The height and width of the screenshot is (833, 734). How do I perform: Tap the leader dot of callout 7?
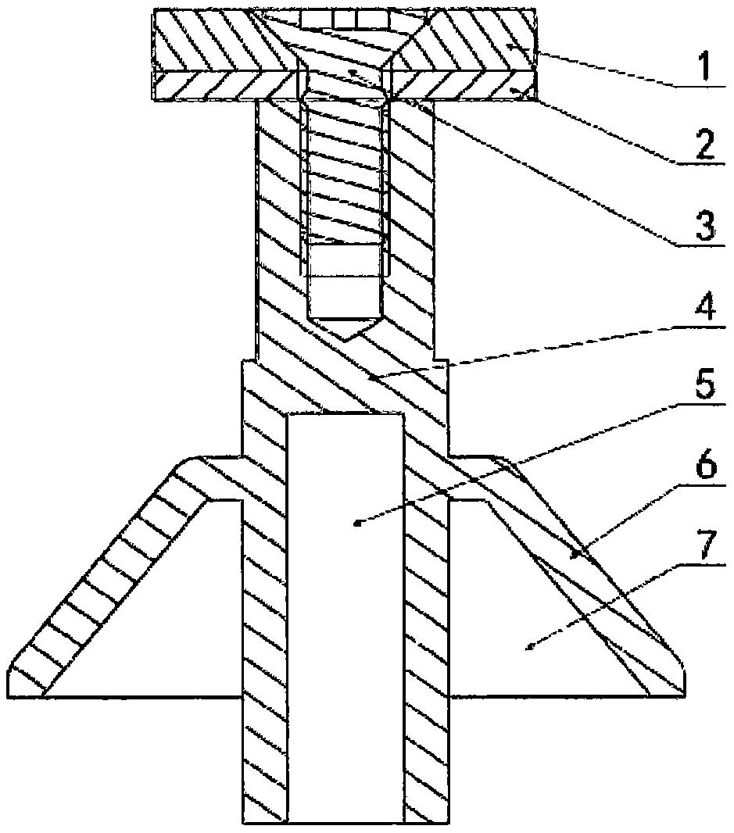pos(530,646)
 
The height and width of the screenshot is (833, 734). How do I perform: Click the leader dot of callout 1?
pos(510,48)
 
